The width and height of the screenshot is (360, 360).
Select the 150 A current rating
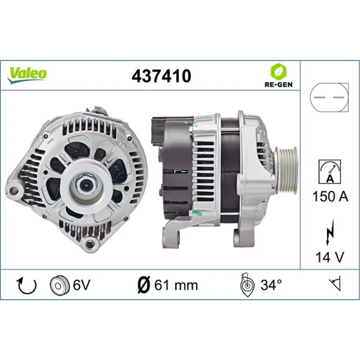pyautogui.click(x=329, y=197)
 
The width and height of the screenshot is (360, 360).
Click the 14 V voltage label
pyautogui.click(x=329, y=257)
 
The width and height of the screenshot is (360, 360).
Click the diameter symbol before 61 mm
pyautogui.click(x=143, y=285)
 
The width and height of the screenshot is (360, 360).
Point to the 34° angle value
pyautogui.click(x=271, y=285)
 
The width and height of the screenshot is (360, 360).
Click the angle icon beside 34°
pyautogui.click(x=246, y=284)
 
